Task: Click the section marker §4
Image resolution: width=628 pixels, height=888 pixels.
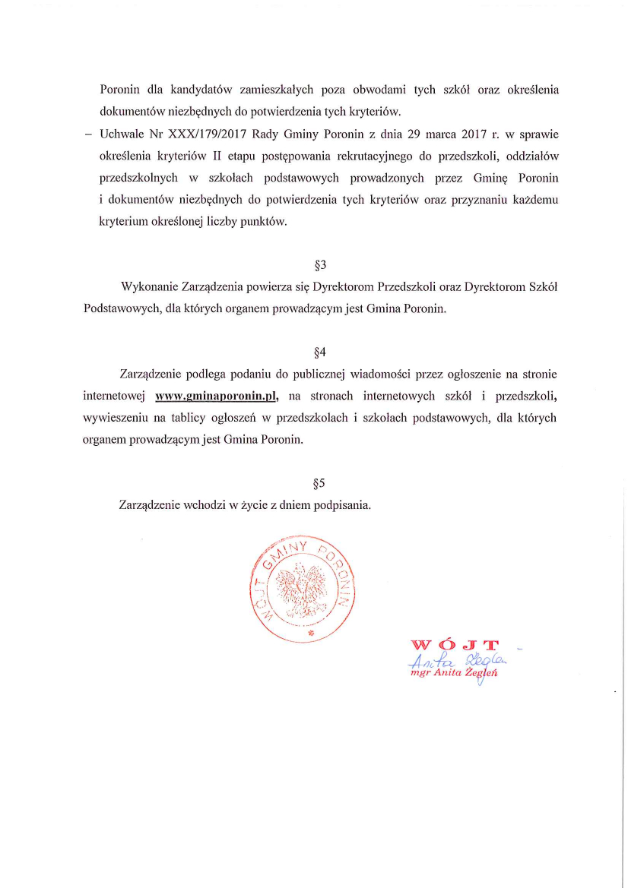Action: [x=320, y=352]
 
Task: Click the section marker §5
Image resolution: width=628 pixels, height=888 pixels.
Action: [x=320, y=483]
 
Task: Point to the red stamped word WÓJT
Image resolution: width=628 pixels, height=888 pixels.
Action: [x=455, y=646]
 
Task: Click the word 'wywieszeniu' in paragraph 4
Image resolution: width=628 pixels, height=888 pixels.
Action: [x=114, y=418]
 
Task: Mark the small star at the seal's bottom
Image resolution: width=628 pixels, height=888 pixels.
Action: [x=309, y=632]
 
